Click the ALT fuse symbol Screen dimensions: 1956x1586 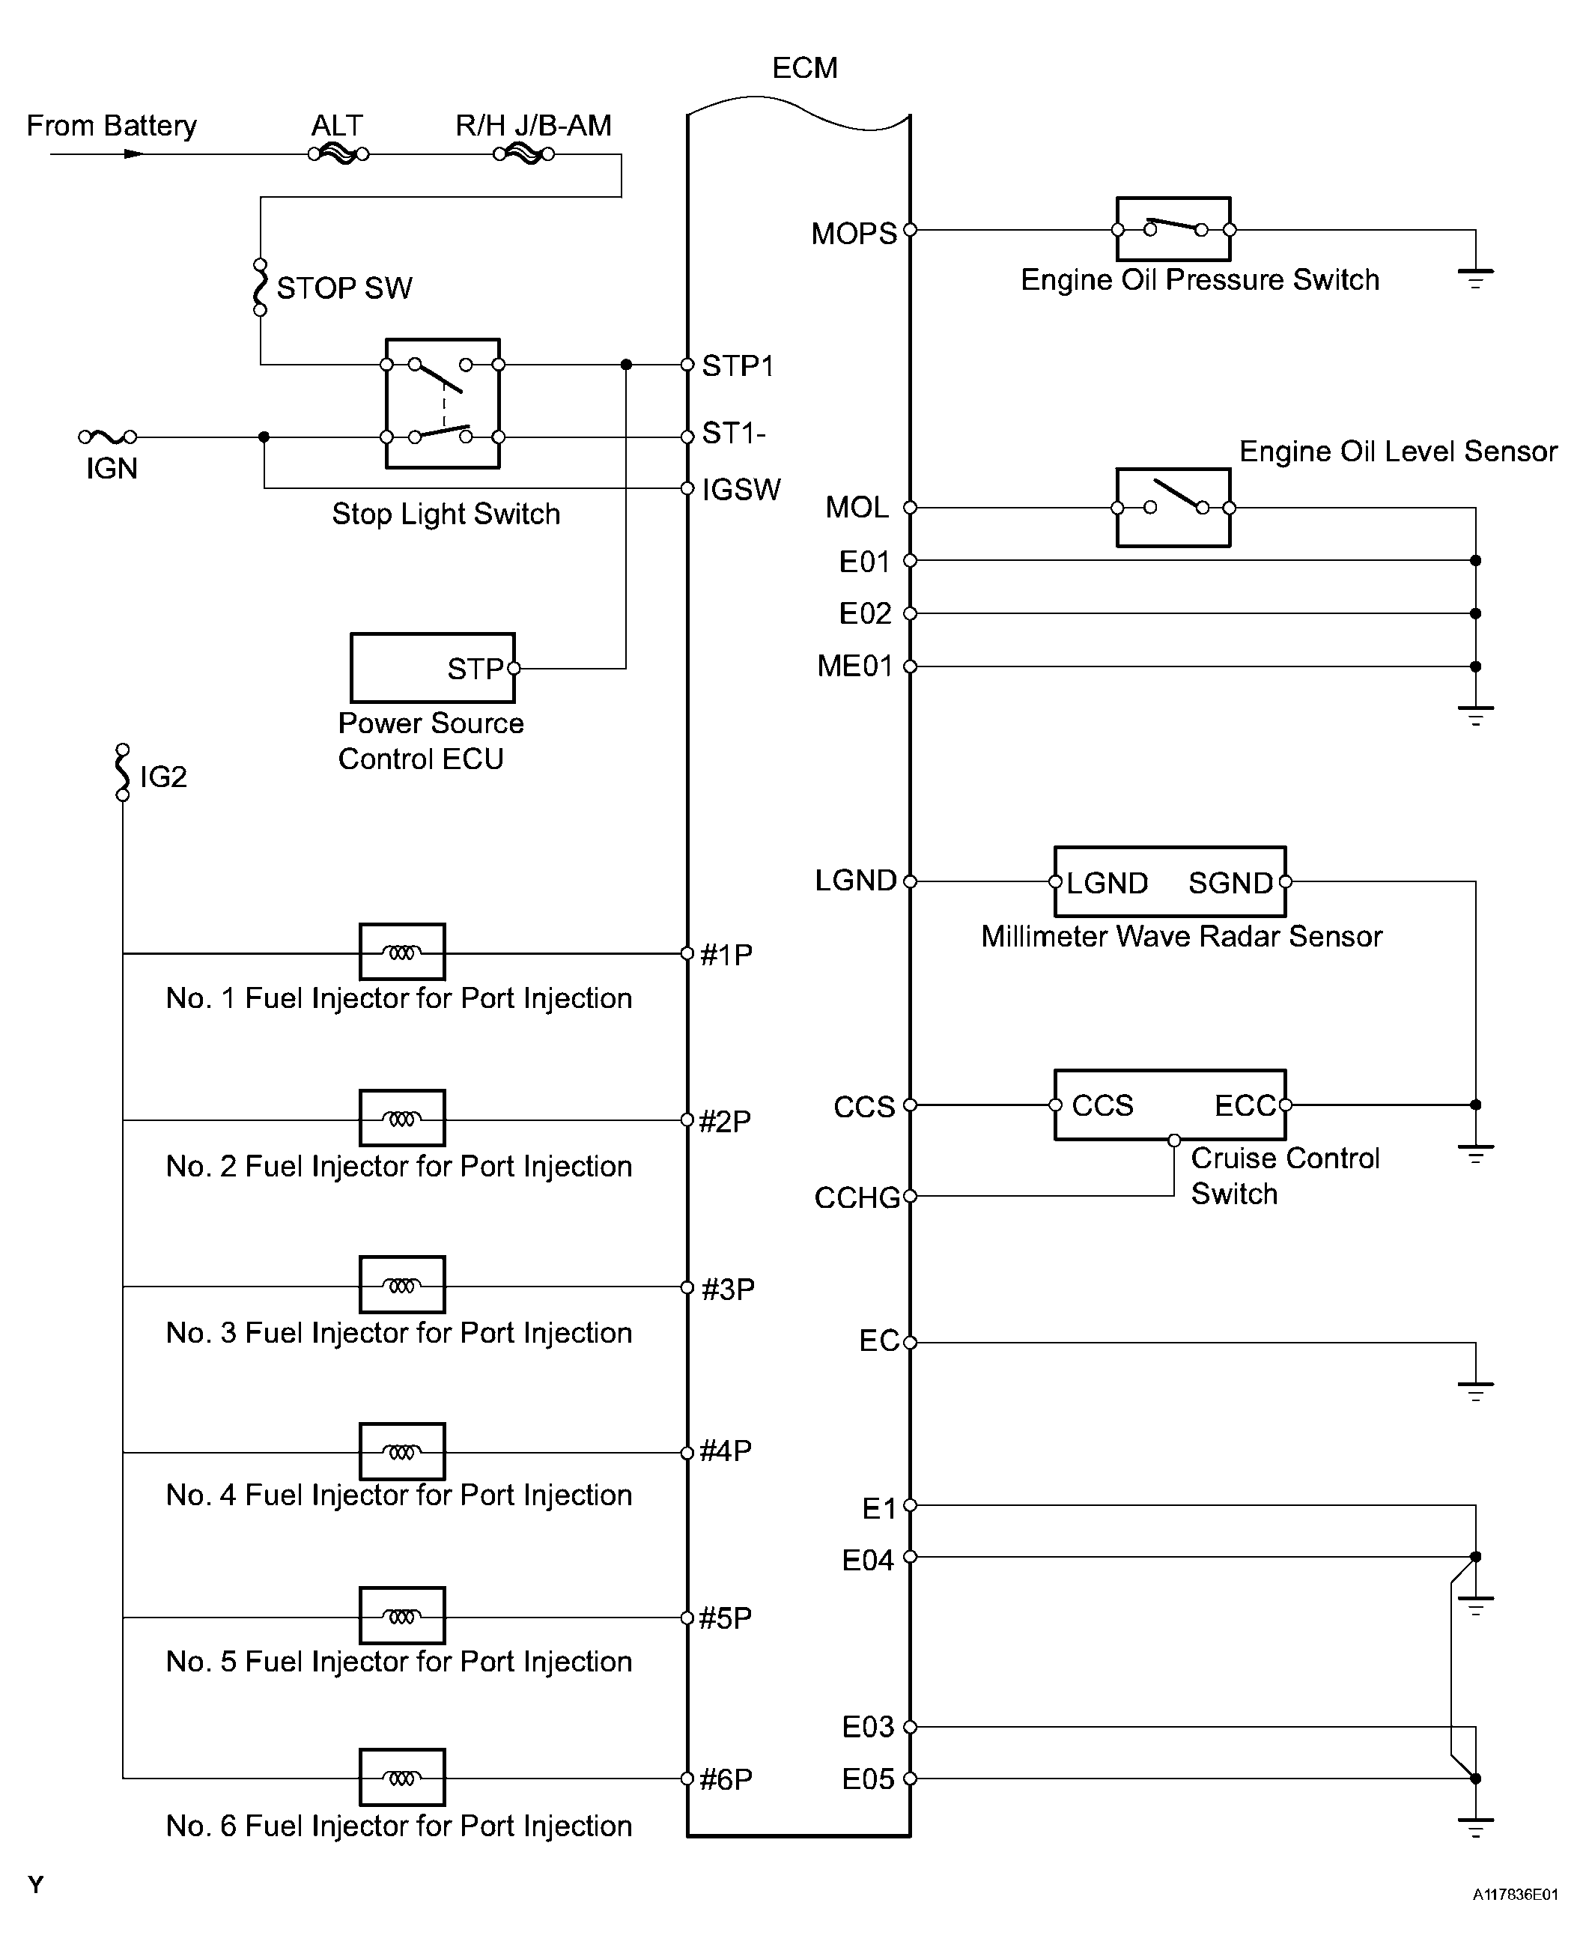[338, 154]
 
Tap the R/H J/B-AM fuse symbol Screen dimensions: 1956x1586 [523, 154]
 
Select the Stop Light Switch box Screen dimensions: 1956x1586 [443, 403]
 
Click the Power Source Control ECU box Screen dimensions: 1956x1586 [432, 668]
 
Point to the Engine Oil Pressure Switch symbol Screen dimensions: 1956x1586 [1173, 229]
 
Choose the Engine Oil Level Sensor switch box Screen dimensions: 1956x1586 [1173, 507]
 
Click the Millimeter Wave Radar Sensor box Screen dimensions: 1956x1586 [1170, 881]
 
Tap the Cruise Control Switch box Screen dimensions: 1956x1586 [1170, 1105]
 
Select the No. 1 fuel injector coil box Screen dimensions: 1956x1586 [402, 952]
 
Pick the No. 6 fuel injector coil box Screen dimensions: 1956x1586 [402, 1777]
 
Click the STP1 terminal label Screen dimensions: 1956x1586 [738, 366]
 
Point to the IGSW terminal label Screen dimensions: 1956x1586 [741, 490]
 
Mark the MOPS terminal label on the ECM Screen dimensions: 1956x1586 [854, 234]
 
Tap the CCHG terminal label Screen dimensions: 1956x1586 [857, 1197]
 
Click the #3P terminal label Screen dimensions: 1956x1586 [727, 1289]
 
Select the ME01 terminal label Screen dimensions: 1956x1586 [854, 666]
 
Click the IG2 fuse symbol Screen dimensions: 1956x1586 [122, 772]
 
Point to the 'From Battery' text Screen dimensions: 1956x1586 [112, 125]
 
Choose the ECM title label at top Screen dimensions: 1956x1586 [804, 67]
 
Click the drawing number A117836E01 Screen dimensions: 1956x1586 [1514, 1895]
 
